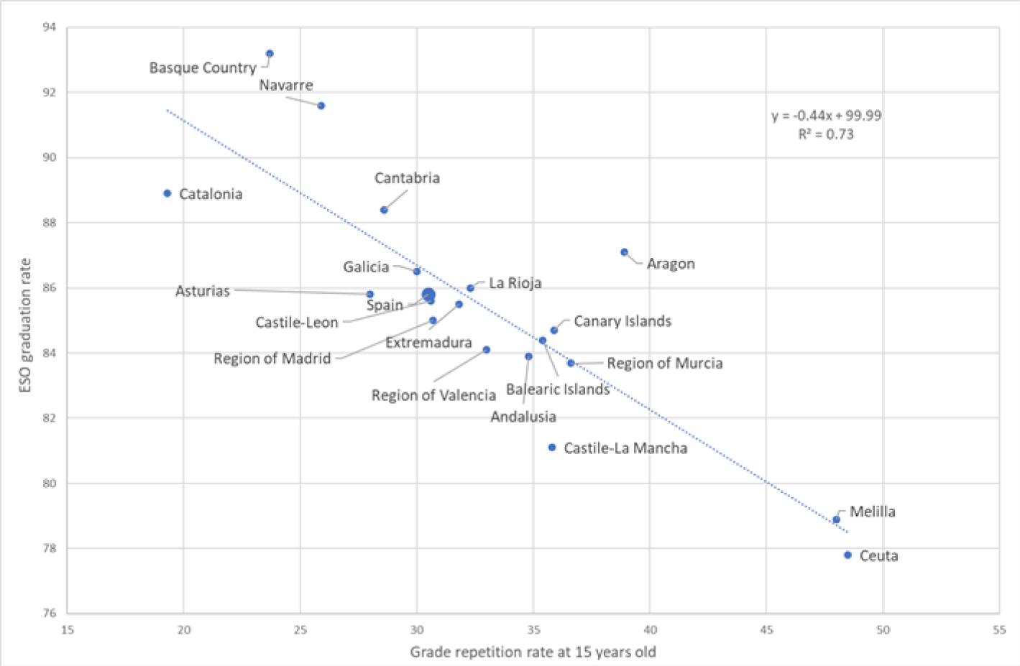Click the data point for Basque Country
[270, 54]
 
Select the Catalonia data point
[167, 193]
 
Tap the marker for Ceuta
[847, 555]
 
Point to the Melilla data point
[836, 519]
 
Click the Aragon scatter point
[624, 252]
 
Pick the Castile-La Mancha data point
[552, 448]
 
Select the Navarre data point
[321, 106]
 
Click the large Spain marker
[428, 295]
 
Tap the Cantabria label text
[407, 178]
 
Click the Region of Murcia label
[664, 364]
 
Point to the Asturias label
[203, 291]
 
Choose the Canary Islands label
[622, 321]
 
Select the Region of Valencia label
[433, 395]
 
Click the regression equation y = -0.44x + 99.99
[826, 116]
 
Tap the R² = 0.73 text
[826, 134]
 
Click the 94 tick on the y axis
[49, 27]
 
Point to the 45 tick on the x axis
[766, 630]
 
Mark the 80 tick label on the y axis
[49, 484]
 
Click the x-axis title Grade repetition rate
[533, 652]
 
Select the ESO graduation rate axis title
[26, 325]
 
